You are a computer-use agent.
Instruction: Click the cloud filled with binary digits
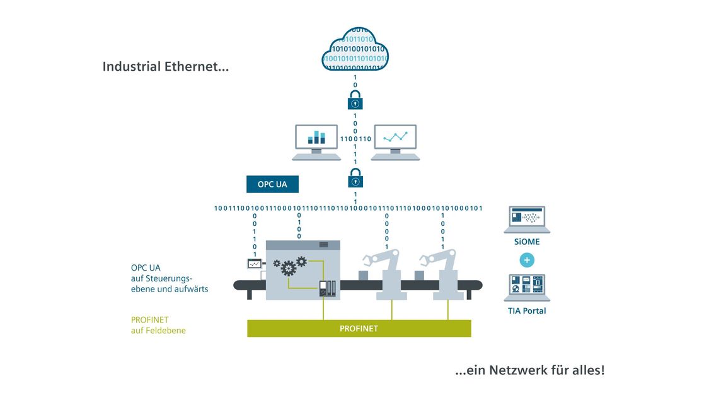tap(355, 49)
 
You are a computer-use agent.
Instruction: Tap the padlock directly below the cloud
tap(355, 101)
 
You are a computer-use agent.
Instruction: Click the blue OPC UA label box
tap(272, 184)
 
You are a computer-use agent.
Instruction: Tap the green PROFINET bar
tap(359, 328)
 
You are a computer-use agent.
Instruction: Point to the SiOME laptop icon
tap(527, 220)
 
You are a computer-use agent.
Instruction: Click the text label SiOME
tap(527, 242)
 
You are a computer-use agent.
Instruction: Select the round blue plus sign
tap(527, 260)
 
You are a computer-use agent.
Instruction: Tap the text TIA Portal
tap(527, 310)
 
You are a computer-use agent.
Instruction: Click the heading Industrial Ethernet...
tap(165, 66)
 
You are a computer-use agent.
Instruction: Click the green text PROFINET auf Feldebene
tap(158, 324)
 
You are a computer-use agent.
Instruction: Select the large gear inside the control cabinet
tap(289, 269)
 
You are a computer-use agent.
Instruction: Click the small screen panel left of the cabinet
tap(254, 264)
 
